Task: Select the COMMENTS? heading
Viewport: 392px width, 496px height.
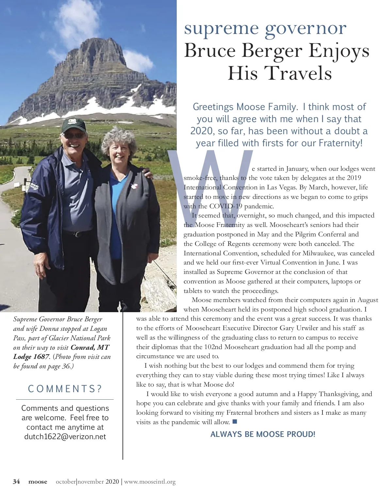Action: (65, 389)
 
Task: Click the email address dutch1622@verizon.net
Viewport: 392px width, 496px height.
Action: (65, 437)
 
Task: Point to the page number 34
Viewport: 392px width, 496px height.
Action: (16, 481)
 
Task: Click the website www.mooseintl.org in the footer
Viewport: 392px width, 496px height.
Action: (150, 481)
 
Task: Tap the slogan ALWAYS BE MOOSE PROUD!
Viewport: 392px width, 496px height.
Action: (263, 434)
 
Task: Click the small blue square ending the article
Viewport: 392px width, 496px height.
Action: (235, 422)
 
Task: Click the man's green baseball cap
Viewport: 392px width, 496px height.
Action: (74, 125)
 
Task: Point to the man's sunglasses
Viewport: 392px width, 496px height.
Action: (74, 135)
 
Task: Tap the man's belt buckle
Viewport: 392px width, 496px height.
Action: (77, 234)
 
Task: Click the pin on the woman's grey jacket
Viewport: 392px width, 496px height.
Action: (133, 186)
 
